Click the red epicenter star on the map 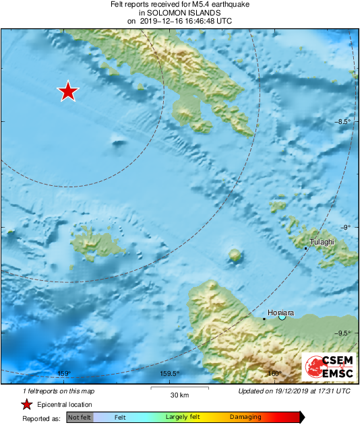point(67,91)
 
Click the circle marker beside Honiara point(282,317)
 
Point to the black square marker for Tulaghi point(305,249)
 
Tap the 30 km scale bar point(179,388)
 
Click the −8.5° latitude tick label point(344,122)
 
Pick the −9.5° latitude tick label point(344,333)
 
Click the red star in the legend point(26,404)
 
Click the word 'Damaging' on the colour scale point(245,417)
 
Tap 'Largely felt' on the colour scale point(181,417)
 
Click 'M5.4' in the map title point(191,4)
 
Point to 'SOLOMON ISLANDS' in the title point(179,12)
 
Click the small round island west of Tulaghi point(235,255)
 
